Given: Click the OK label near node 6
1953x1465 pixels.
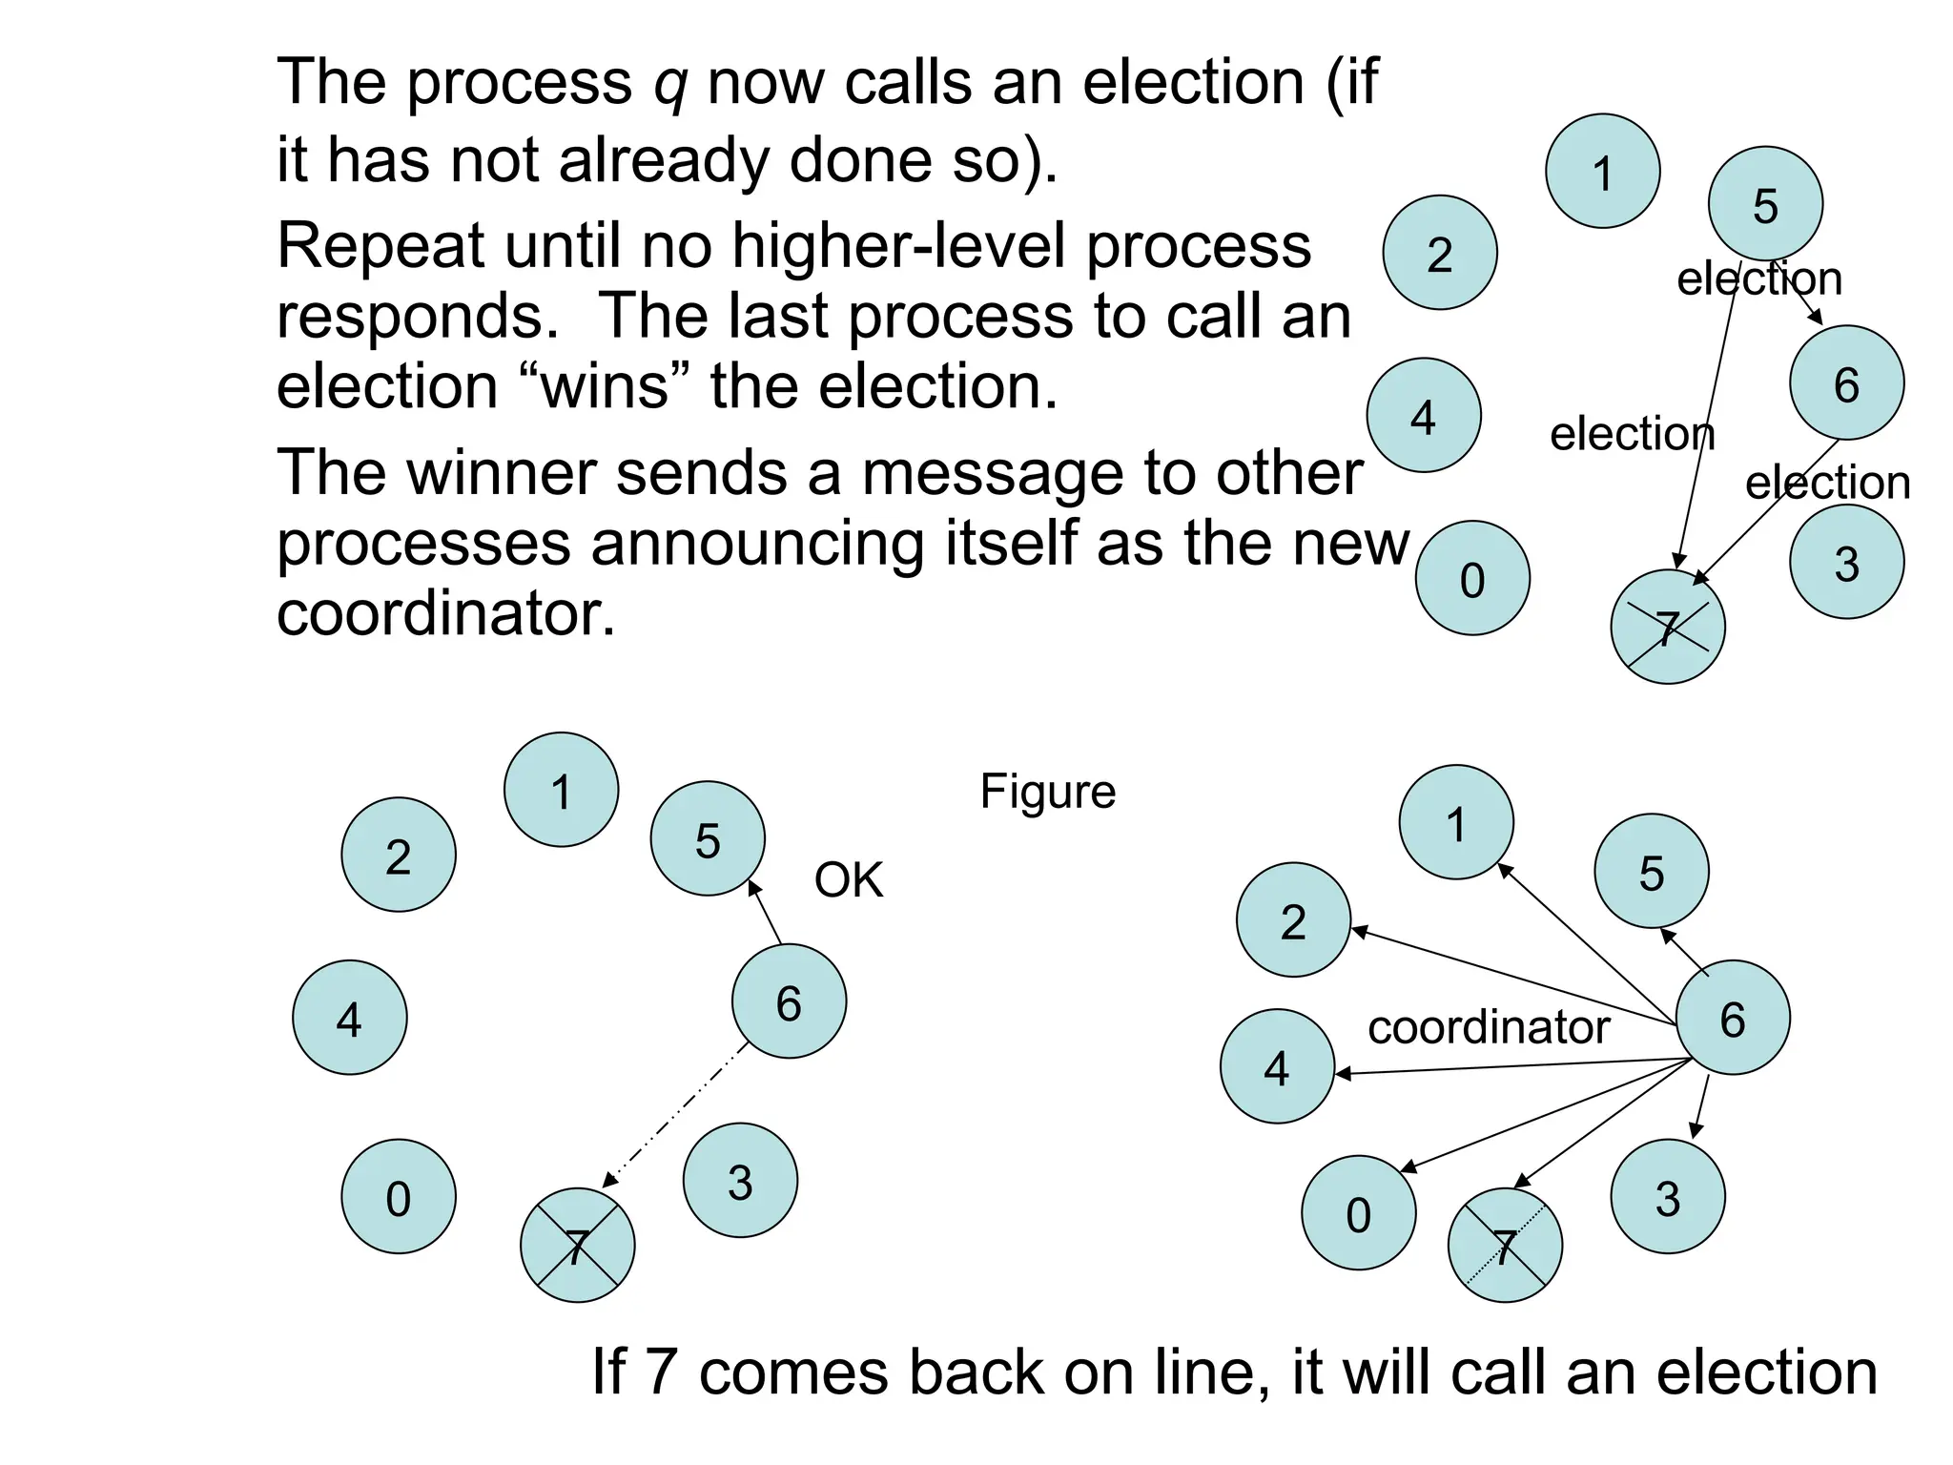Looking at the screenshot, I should coord(848,879).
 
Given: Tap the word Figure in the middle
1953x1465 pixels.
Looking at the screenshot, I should coord(1047,792).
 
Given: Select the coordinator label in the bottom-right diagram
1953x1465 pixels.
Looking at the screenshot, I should coord(1488,1028).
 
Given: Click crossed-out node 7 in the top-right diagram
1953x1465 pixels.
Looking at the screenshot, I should coord(1667,628).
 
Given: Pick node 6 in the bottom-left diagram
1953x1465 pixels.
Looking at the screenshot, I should coord(789,1001).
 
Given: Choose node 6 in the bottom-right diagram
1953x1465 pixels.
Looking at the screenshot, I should coord(1732,1018).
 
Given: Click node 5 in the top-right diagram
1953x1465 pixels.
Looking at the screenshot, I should coord(1765,204).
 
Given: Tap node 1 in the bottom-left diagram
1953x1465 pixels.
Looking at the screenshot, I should coord(561,790).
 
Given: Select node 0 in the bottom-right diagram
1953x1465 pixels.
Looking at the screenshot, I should coord(1358,1213).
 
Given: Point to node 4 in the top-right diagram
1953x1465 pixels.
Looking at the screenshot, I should coord(1423,416).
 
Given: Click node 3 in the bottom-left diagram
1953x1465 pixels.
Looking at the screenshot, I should coord(740,1181).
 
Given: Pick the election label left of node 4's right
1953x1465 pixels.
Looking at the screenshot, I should coord(1631,435).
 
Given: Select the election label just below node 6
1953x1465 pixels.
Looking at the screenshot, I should coord(1826,484).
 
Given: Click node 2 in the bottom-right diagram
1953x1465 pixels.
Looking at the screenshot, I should coord(1293,920).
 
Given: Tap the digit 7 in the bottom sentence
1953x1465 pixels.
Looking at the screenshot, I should coord(662,1372).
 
